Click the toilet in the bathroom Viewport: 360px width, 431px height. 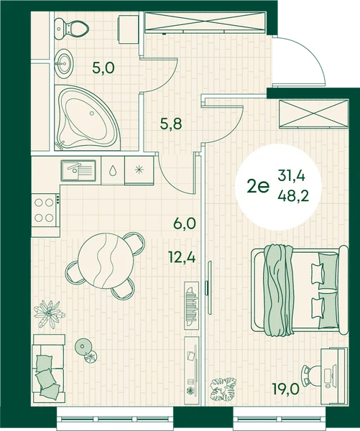pyautogui.click(x=71, y=28)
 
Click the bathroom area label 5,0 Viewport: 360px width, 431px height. pyautogui.click(x=103, y=68)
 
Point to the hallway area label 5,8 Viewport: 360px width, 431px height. pyautogui.click(x=171, y=124)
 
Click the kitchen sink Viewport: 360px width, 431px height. pyautogui.click(x=78, y=170)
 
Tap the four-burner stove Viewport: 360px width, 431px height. pyautogui.click(x=46, y=210)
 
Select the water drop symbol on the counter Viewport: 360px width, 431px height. pyautogui.click(x=112, y=171)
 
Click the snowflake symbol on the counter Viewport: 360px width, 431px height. pyautogui.click(x=139, y=170)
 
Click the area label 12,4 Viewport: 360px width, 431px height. pyautogui.click(x=183, y=258)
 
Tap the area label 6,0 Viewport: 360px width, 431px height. pyautogui.click(x=185, y=223)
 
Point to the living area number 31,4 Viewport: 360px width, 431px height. pyautogui.click(x=291, y=176)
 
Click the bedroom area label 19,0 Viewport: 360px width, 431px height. pyautogui.click(x=285, y=389)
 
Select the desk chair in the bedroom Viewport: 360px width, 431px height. pyautogui.click(x=312, y=375)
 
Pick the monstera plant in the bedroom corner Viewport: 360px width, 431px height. pyautogui.click(x=223, y=389)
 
